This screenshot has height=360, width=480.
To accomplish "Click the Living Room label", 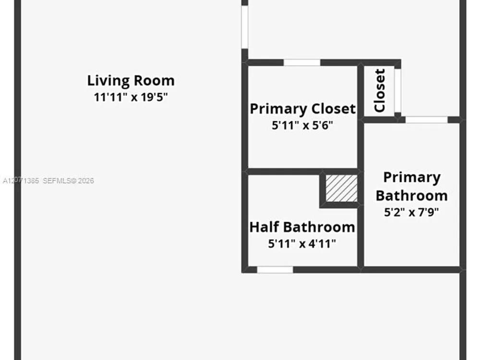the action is point(131,81).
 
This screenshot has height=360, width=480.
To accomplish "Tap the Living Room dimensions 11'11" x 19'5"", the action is point(131,97).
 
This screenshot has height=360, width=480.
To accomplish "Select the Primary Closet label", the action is point(303,108).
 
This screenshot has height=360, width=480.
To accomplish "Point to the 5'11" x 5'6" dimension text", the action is point(302,125).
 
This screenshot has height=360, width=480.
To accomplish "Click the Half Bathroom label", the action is point(302,227).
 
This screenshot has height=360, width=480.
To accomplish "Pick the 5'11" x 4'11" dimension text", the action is point(302,244).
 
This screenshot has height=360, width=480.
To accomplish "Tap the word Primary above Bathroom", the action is point(412,178).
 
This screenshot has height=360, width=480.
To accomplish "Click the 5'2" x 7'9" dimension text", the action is point(411,212).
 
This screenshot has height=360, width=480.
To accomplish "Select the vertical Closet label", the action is point(380,91).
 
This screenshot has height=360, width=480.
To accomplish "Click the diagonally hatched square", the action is point(341,188).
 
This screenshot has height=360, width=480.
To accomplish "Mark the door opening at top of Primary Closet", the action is point(302,62).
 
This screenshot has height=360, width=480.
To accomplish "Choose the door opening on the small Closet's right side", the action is point(397,91).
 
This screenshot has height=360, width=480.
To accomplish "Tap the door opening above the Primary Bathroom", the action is point(426,120).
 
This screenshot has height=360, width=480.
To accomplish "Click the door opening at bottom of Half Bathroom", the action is point(275,270).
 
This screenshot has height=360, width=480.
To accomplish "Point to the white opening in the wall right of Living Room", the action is point(245,27).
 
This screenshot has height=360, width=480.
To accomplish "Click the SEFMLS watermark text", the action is point(68,180).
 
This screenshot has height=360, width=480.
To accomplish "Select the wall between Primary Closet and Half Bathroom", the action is point(302,171).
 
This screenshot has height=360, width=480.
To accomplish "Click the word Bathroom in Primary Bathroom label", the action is point(412,196).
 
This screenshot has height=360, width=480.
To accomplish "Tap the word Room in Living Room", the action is point(154,81).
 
